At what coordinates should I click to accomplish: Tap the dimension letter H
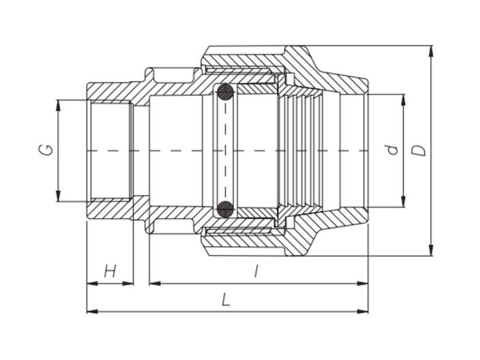pyautogui.click(x=109, y=272)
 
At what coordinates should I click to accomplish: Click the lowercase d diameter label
pyautogui.click(x=391, y=149)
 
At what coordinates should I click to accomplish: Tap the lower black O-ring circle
pyautogui.click(x=226, y=208)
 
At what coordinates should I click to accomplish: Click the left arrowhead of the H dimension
pyautogui.click(x=91, y=283)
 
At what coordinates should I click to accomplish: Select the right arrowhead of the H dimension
pyautogui.click(x=129, y=283)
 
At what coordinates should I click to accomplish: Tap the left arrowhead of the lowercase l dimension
pyautogui.click(x=153, y=283)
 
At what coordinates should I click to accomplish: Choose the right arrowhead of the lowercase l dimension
pyautogui.click(x=364, y=283)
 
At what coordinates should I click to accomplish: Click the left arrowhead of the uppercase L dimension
pyautogui.click(x=91, y=311)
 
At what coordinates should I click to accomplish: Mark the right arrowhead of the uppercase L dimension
pyautogui.click(x=364, y=311)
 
